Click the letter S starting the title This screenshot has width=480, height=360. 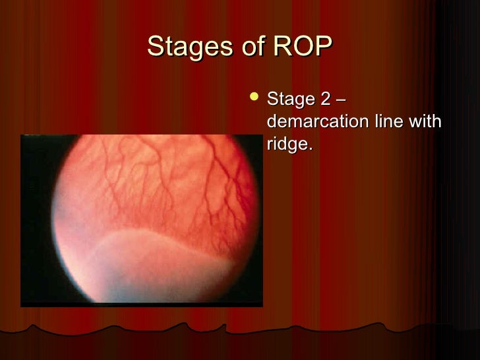(x=154, y=47)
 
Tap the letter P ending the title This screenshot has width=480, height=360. (x=326, y=47)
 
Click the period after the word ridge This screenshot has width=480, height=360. (x=310, y=149)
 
